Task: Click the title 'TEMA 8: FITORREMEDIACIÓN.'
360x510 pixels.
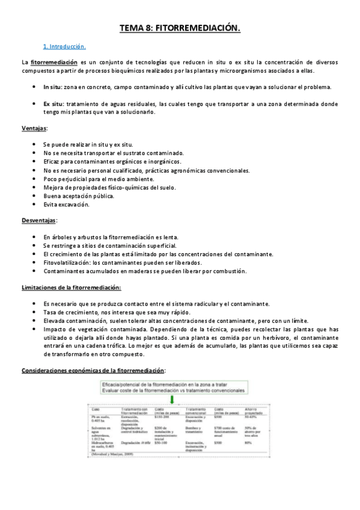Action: pos(180,28)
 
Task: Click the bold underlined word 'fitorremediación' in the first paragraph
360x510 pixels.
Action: pos(54,62)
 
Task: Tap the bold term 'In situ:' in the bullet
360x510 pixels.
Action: pos(53,87)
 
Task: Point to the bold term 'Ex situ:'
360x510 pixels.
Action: pos(53,103)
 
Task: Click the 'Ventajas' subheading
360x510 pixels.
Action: pos(34,128)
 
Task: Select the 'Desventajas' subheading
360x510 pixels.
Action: pos(38,221)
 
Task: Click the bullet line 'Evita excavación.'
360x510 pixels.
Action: pos(66,204)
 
